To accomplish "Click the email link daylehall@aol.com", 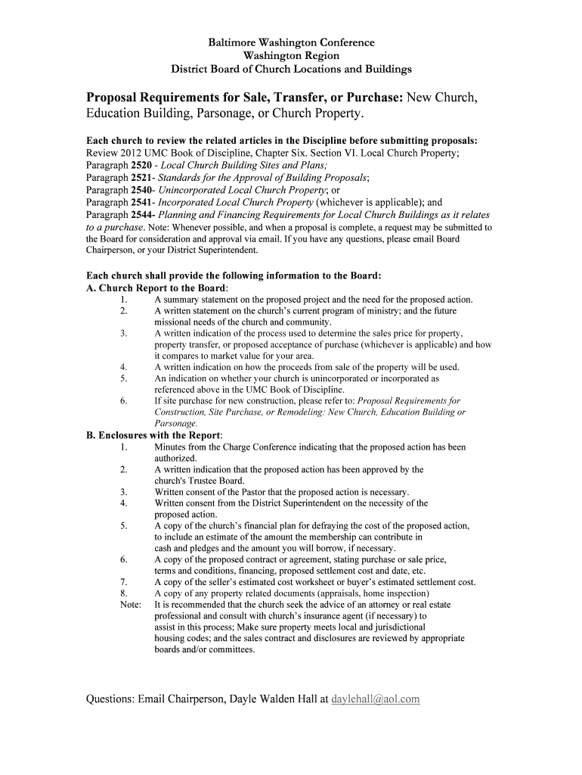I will (375, 699).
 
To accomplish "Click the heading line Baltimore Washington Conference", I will (291, 42).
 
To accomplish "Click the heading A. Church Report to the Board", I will (156, 288).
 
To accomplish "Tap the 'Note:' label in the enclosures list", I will (131, 605).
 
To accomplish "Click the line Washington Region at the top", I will (291, 56).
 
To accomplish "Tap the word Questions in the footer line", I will (109, 699).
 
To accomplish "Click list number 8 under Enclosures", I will (123, 594).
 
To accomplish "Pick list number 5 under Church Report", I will (123, 378).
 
